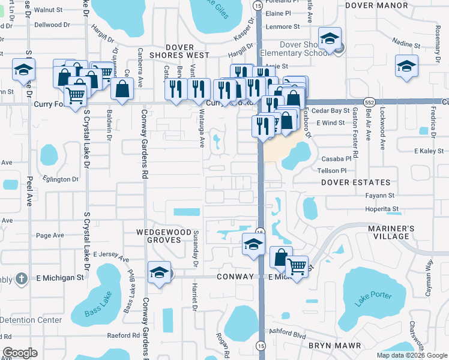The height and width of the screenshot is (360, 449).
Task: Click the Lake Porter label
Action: (373, 298)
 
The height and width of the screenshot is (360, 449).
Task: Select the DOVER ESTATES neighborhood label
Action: (355, 182)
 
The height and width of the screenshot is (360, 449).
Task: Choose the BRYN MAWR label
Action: (334, 346)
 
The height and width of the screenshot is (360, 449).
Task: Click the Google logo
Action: (20, 352)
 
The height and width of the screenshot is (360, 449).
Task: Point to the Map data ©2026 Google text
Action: (411, 355)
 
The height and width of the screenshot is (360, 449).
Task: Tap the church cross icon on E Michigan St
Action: (21, 278)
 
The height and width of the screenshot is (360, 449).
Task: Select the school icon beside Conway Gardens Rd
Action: (159, 272)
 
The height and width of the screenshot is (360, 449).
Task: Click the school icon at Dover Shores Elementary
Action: (330, 40)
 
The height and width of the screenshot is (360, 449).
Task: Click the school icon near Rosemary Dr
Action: (406, 66)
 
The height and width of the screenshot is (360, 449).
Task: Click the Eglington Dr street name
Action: (61, 179)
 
